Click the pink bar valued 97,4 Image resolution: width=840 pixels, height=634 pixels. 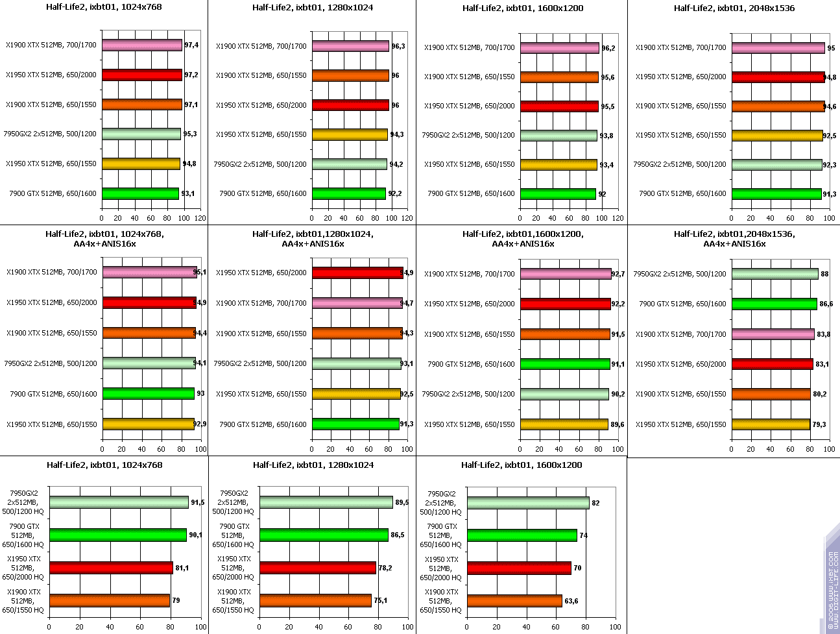click(142, 45)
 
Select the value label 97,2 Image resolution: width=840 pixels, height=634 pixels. click(191, 75)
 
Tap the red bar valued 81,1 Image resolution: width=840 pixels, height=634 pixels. click(111, 568)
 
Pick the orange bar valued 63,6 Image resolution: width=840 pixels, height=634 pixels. click(514, 601)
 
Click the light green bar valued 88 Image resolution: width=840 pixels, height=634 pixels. click(775, 274)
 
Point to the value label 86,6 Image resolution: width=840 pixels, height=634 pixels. click(826, 304)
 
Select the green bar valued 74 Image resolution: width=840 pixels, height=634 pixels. click(522, 535)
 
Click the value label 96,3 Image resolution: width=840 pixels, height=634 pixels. click(398, 46)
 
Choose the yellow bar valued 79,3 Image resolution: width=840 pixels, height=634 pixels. click(771, 424)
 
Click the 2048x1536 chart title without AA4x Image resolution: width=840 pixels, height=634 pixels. click(734, 8)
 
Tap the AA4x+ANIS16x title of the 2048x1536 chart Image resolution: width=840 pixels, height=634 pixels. click(734, 239)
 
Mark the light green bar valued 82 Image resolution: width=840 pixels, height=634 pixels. click(528, 503)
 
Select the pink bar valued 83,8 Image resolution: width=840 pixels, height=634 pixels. click(773, 334)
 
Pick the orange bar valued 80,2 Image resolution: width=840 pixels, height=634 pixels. click(771, 394)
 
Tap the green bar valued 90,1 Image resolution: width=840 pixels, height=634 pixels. click(118, 535)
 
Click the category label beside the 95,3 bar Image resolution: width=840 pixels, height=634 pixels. click(50, 134)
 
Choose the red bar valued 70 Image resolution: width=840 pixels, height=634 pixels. click(519, 568)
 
